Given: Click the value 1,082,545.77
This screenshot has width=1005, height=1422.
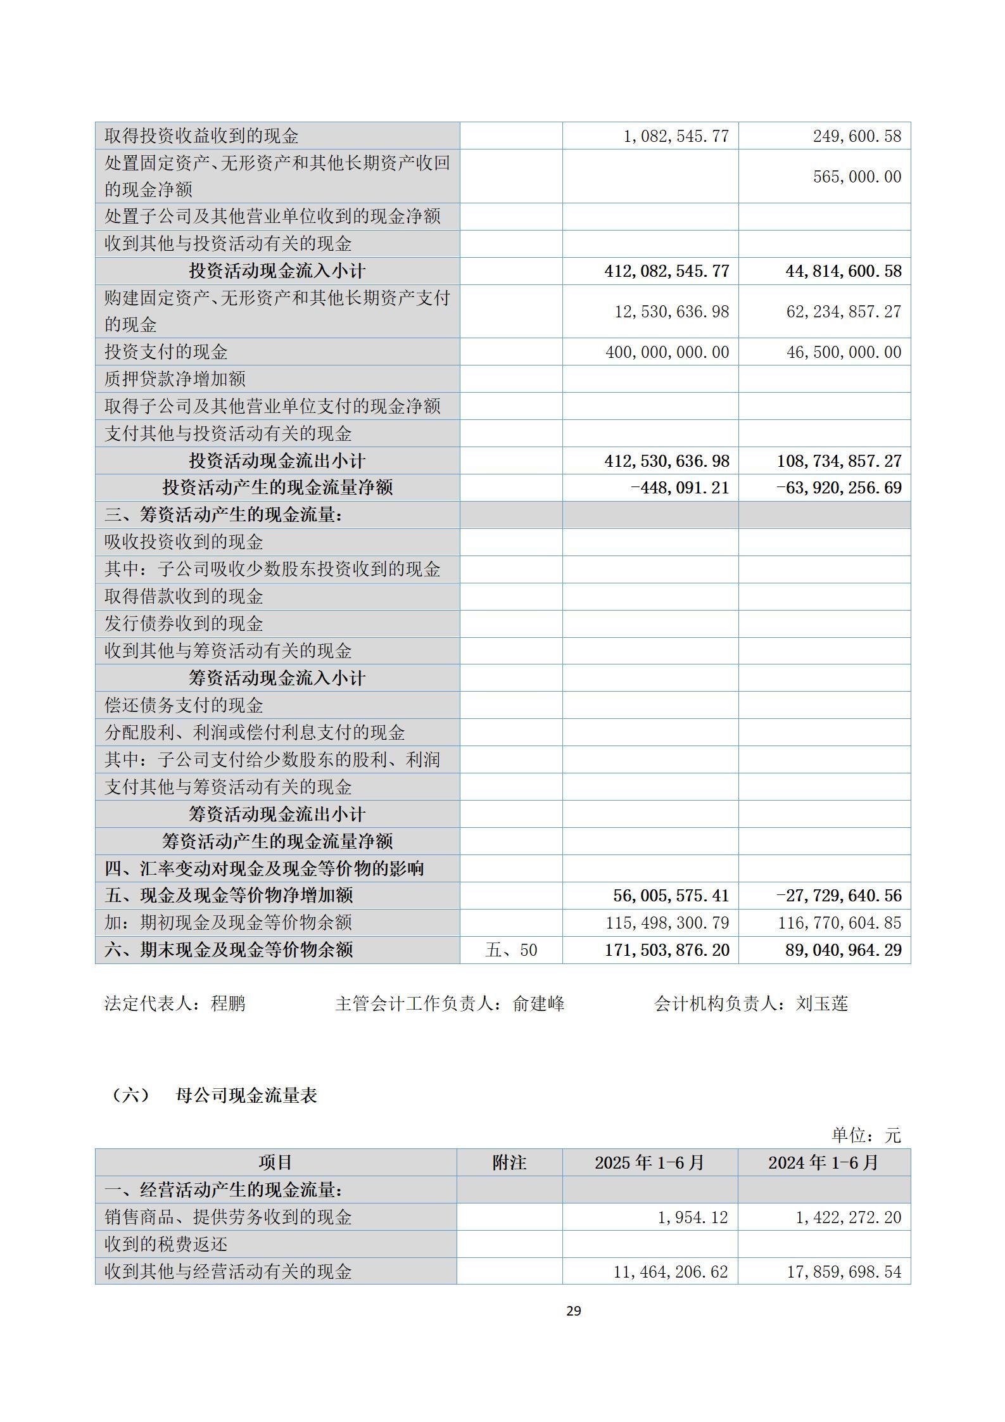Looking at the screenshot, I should tap(676, 136).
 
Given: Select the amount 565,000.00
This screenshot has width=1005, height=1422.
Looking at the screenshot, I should tap(857, 177).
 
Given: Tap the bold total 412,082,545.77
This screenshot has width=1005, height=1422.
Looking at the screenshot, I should tap(667, 272).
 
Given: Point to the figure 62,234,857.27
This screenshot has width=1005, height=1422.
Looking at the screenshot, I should tap(844, 312).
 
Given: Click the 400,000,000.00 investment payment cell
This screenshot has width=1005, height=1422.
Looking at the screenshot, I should tap(667, 352).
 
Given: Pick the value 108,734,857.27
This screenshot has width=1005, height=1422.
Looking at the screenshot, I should tap(839, 461).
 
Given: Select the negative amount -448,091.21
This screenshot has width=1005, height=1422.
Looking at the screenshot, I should tap(680, 488).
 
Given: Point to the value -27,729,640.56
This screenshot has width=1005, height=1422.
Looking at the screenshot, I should tap(839, 896).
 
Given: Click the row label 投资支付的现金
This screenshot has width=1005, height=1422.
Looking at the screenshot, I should tap(166, 352).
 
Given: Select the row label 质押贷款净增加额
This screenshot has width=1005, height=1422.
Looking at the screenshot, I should tap(175, 379).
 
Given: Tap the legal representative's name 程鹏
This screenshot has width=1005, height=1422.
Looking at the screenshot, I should tap(228, 1004).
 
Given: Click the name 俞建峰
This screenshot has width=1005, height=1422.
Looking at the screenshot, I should tap(538, 1004).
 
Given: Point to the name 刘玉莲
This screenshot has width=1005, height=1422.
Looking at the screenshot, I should tap(821, 1004).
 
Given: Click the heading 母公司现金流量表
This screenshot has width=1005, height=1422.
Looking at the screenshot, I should tap(246, 1096).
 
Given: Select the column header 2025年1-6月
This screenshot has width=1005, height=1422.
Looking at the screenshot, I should tap(649, 1163).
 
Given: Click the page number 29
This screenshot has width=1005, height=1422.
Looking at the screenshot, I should tap(573, 1311).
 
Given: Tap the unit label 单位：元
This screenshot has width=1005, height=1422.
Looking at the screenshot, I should tap(866, 1135).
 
